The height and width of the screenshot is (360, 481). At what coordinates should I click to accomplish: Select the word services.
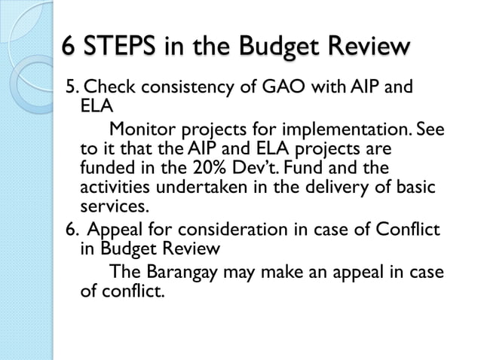tap(115, 204)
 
